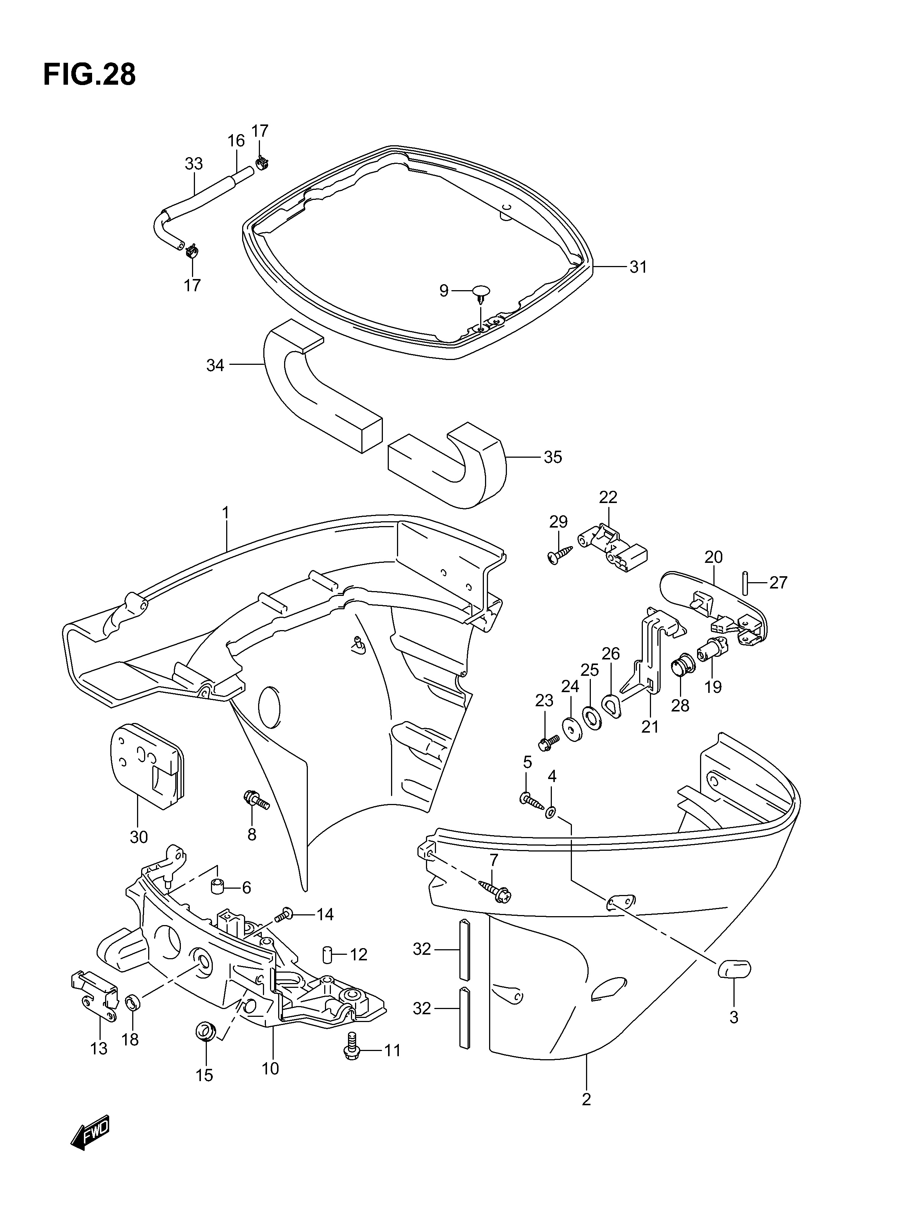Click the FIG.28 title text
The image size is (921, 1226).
(89, 75)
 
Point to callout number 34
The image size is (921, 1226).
(215, 365)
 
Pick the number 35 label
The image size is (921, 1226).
(553, 457)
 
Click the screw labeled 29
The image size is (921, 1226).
(560, 554)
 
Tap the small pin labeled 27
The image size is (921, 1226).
(745, 581)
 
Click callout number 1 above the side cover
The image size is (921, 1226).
(225, 513)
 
